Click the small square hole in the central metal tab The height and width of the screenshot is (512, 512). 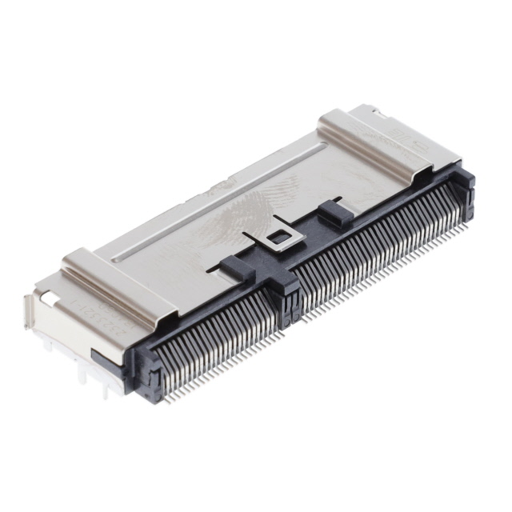point(278,238)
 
